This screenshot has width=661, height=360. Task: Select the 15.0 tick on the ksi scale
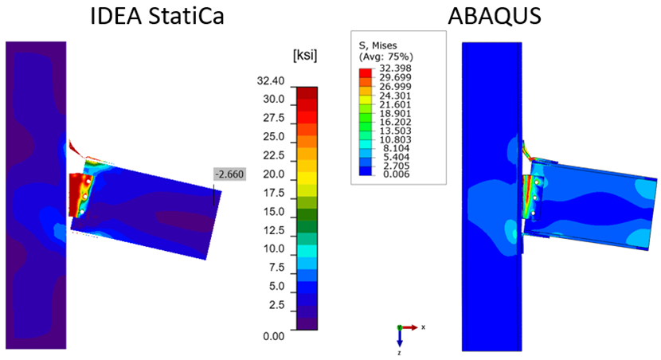coord(273,212)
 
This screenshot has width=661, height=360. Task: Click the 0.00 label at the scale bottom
coord(273,335)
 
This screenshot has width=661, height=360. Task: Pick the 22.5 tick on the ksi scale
coord(273,155)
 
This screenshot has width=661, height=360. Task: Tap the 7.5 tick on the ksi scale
coord(276,268)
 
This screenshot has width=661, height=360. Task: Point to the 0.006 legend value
coord(402,174)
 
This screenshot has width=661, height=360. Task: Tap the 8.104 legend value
coord(402,147)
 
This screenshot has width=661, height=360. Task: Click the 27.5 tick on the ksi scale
coord(273,118)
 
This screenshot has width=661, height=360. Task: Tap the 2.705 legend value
coord(402,165)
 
